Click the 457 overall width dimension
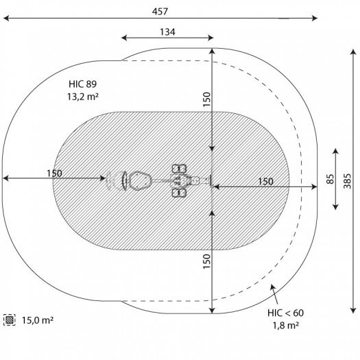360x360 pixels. click(160, 12)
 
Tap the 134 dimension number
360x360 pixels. click(167, 32)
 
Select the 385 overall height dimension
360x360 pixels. click(348, 181)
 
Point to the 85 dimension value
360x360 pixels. click(330, 179)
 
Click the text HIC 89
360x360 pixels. click(83, 84)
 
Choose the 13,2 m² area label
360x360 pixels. click(83, 97)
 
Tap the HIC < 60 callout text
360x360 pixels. click(285, 313)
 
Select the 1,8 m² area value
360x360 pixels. click(286, 325)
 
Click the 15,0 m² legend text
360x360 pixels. click(38, 320)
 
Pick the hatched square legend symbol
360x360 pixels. click(10, 320)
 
